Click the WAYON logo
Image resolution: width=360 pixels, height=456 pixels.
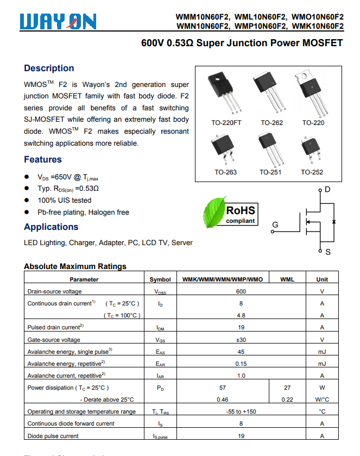(58, 21)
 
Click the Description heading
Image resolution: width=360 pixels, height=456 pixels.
(49, 68)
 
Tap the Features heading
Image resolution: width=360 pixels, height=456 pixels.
(43, 159)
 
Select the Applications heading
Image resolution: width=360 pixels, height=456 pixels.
(51, 227)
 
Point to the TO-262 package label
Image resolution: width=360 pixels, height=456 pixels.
(271, 123)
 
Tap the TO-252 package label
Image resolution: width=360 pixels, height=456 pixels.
(312, 172)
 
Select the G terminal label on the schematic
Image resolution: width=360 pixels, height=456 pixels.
(275, 224)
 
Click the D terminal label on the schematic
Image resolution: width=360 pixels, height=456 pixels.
(327, 190)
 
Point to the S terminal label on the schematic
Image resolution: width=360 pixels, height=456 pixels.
(328, 252)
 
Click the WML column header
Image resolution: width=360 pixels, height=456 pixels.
(287, 279)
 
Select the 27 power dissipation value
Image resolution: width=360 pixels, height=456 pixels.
(287, 388)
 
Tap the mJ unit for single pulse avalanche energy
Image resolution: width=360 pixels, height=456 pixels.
(322, 352)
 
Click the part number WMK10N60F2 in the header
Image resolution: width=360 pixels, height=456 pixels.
(318, 26)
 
